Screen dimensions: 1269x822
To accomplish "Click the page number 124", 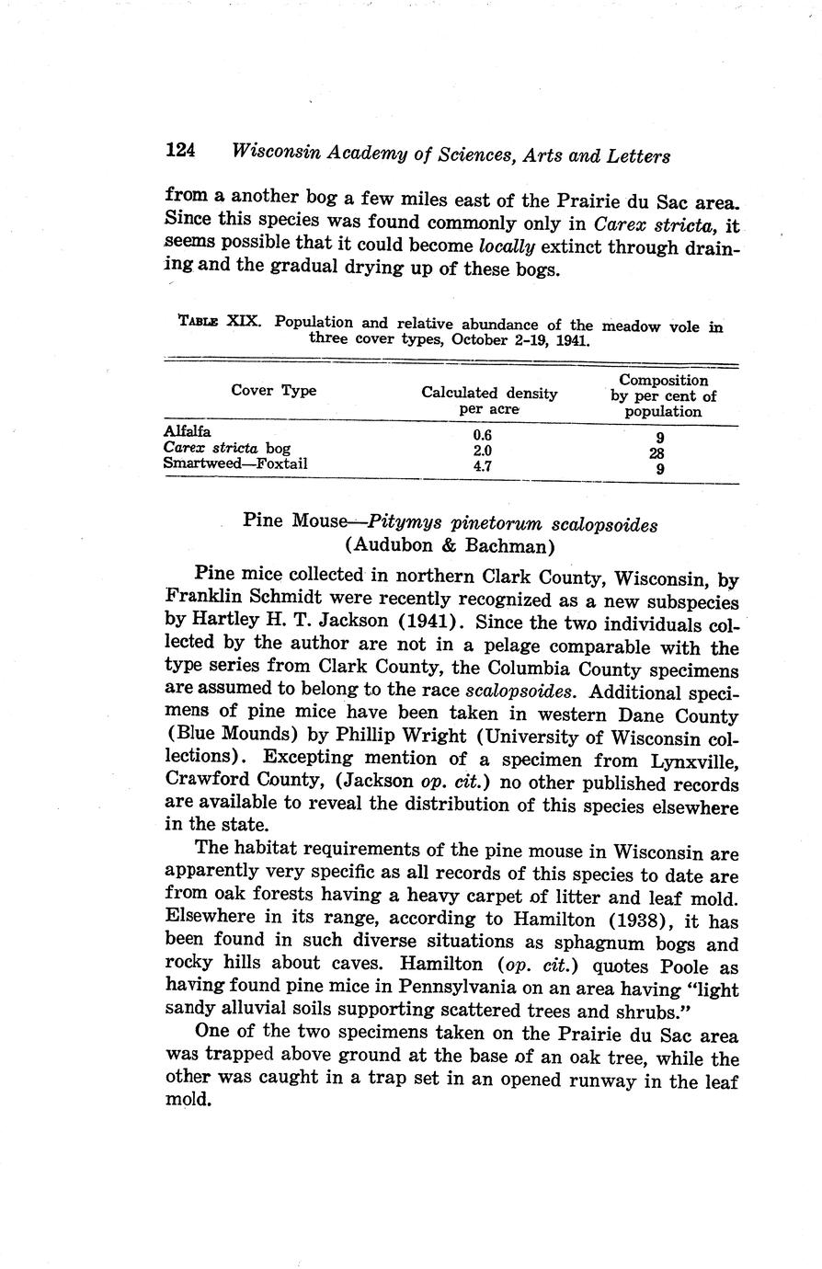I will coord(184,151).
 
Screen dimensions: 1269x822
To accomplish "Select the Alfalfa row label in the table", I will coord(187,431).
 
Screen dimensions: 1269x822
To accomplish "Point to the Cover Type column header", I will coord(273,391).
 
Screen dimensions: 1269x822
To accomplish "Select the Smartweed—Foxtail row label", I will coord(234,463).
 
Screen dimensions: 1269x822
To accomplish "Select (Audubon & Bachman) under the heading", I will coord(450,545).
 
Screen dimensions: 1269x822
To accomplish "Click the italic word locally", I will coord(510,248).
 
